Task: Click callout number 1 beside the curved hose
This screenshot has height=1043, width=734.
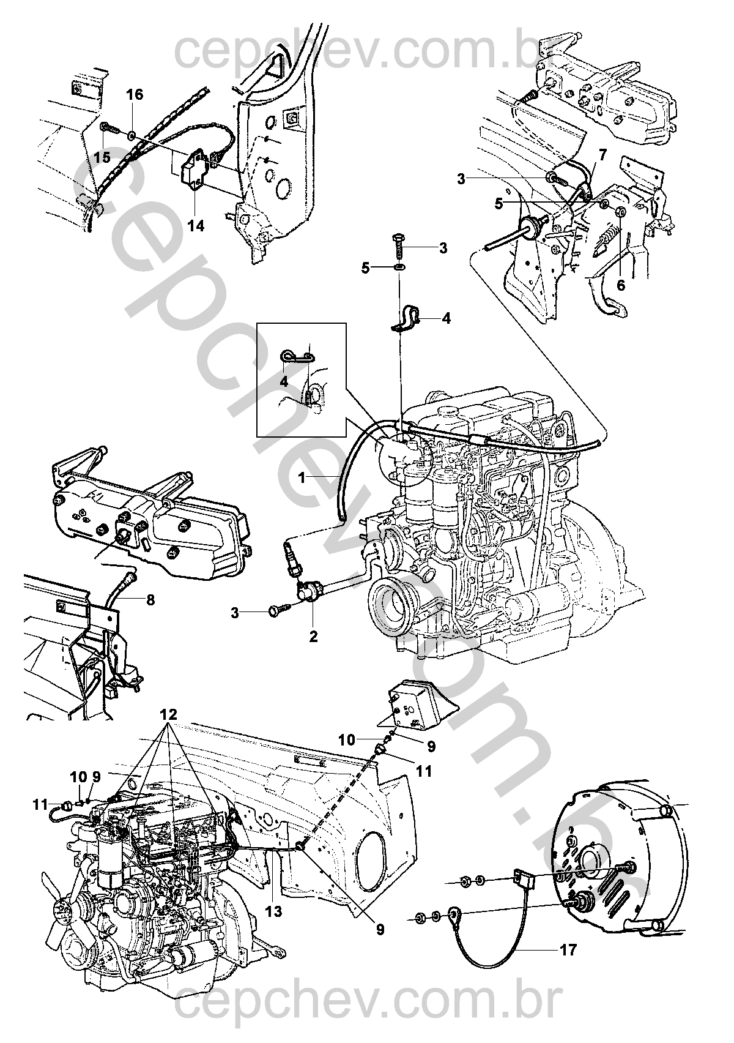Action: point(302,479)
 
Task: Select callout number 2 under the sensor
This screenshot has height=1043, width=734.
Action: point(313,637)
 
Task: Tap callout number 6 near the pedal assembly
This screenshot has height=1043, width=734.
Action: point(621,285)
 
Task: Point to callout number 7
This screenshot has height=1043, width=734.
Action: point(602,155)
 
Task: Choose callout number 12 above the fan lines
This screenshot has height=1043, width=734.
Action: point(169,714)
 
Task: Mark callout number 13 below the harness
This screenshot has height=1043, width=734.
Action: point(273,929)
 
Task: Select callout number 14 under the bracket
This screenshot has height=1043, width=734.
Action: point(196,225)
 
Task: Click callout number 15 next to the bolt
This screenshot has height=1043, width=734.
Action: point(102,157)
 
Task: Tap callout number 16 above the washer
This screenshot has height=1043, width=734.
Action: point(135,94)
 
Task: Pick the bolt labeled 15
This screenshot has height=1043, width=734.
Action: point(108,128)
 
